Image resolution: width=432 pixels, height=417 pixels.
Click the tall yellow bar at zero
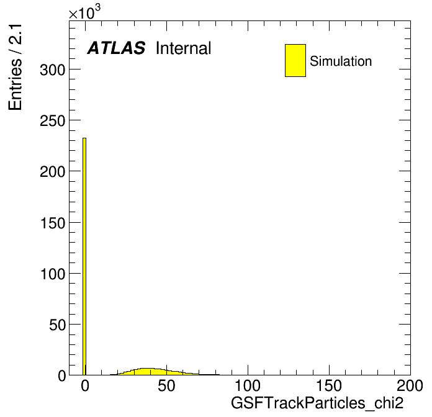(84, 256)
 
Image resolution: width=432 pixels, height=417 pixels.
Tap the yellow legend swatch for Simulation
(295, 60)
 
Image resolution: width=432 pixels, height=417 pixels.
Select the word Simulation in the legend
(341, 61)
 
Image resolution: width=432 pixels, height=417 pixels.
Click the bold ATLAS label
(116, 48)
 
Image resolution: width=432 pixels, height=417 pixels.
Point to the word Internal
(184, 48)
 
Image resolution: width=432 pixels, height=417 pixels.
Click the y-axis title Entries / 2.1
(15, 67)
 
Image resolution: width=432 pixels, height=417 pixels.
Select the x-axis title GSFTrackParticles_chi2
(317, 403)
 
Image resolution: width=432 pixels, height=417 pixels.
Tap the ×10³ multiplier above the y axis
(84, 12)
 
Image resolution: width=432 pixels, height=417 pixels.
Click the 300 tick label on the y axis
(53, 69)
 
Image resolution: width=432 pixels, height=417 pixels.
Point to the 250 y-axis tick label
(53, 120)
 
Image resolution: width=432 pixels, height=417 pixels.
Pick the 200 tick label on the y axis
(53, 172)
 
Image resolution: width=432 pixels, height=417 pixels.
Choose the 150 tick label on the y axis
(53, 223)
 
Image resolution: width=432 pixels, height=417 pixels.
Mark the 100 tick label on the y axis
(53, 274)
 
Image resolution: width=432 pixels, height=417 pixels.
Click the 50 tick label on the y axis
(58, 325)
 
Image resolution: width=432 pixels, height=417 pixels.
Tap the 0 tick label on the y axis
(62, 375)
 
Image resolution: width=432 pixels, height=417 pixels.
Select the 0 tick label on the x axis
(85, 386)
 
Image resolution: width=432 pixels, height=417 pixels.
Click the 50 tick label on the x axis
(166, 386)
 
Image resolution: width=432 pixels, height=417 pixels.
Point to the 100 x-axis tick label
(248, 386)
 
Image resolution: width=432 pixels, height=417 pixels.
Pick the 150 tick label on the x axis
(329, 386)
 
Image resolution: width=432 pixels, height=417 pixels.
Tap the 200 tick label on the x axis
(410, 386)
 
